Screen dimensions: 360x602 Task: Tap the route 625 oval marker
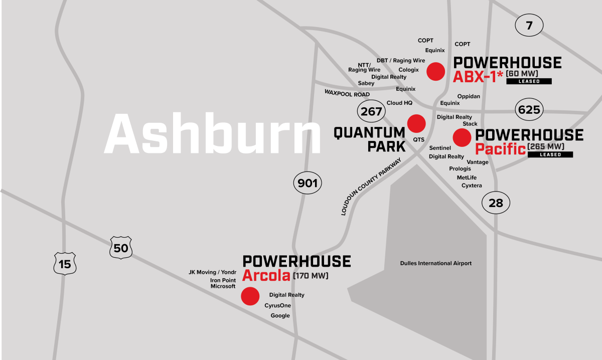(x=529, y=110)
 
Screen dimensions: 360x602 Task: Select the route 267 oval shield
(x=372, y=111)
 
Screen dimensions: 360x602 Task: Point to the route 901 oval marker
(x=308, y=184)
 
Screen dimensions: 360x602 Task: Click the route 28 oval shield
(x=496, y=203)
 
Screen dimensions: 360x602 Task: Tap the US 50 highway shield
(x=121, y=248)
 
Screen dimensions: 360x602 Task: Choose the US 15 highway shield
(x=65, y=264)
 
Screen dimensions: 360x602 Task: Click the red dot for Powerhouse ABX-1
(x=435, y=72)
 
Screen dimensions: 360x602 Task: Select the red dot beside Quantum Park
(x=416, y=123)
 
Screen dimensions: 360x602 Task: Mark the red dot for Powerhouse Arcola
(x=250, y=296)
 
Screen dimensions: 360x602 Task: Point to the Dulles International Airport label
(x=435, y=263)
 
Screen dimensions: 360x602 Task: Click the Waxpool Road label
(x=347, y=94)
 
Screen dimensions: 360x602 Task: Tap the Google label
(x=280, y=316)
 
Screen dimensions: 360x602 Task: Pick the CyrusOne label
(x=277, y=305)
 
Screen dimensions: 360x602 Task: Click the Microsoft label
(x=223, y=286)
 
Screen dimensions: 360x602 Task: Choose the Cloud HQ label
(x=399, y=103)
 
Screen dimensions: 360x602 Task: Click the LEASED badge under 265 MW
(x=550, y=155)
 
